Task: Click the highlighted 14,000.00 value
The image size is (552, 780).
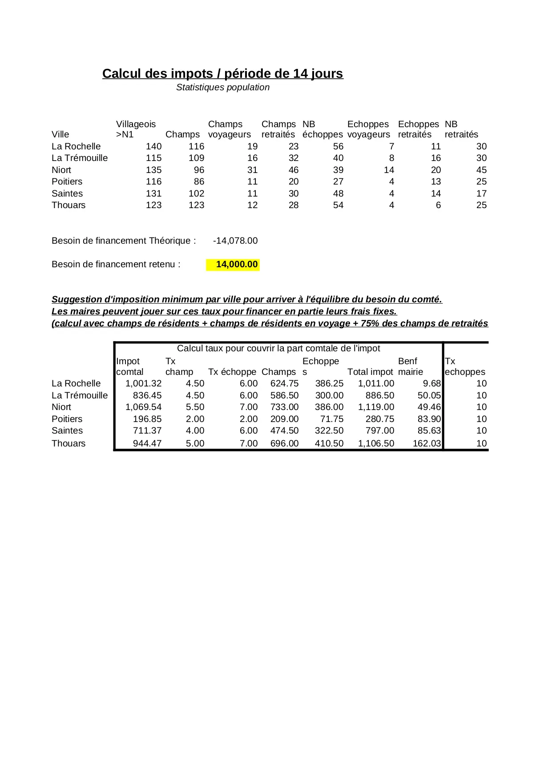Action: coord(237,265)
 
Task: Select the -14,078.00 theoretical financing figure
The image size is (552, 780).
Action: coord(235,241)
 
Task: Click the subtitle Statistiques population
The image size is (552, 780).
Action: coord(223,88)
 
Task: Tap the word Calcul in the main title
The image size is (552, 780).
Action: coord(121,74)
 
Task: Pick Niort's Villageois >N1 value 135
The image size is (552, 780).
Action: coord(153,170)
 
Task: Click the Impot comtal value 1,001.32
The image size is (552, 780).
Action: coord(143,384)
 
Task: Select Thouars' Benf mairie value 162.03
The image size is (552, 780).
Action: coord(427,444)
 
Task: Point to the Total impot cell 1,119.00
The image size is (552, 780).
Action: coord(376,407)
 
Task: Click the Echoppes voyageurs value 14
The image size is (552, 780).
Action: coord(389,170)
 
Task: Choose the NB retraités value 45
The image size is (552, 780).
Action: coord(481,170)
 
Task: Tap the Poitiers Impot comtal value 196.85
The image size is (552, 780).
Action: coord(147,419)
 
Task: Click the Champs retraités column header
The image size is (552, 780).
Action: coord(278,129)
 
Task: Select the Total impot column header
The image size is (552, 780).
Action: coord(370,372)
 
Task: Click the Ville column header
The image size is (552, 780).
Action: coord(60,135)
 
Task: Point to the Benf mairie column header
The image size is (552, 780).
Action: coord(410,367)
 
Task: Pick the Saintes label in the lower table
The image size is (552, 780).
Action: coord(67,431)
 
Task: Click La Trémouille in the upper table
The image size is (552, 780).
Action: coord(80,158)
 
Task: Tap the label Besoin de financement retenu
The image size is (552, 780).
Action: coord(116,265)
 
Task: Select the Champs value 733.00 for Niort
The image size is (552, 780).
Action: coord(284,407)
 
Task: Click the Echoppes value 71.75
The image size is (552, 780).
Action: coord(331,419)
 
